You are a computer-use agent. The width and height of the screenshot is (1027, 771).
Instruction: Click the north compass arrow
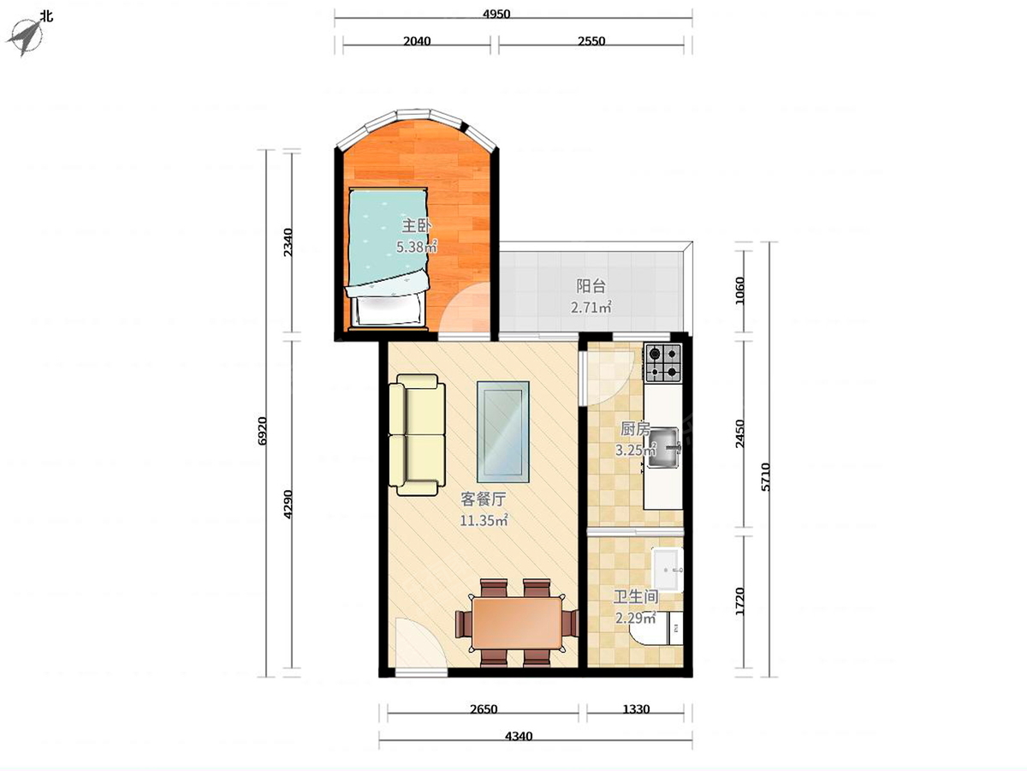(x=26, y=37)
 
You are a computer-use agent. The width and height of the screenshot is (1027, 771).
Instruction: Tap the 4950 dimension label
(x=496, y=14)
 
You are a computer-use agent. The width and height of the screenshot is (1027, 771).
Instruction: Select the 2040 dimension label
(x=417, y=41)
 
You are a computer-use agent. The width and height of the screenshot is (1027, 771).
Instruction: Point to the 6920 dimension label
(x=262, y=431)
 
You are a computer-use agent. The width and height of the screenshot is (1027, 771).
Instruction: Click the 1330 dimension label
(x=636, y=709)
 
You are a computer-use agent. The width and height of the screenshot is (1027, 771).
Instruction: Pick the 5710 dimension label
(x=765, y=477)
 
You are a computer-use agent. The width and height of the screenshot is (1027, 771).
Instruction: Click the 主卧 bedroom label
(x=417, y=226)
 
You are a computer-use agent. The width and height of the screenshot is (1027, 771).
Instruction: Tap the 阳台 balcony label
(x=591, y=286)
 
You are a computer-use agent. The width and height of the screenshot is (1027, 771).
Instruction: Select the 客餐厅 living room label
(x=484, y=499)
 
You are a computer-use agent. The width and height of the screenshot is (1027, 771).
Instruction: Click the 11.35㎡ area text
(x=484, y=520)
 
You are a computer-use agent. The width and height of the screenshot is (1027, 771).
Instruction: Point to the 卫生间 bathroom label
(x=636, y=597)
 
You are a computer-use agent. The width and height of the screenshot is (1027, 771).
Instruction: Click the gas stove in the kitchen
(x=663, y=362)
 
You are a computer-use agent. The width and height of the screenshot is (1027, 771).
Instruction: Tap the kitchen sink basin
(x=663, y=447)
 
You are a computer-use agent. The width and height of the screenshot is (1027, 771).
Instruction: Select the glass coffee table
(x=503, y=432)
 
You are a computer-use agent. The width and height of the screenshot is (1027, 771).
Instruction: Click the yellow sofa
(x=417, y=435)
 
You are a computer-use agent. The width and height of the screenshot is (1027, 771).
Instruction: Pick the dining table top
(x=517, y=623)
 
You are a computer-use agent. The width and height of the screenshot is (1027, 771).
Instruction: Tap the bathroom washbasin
(x=668, y=571)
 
